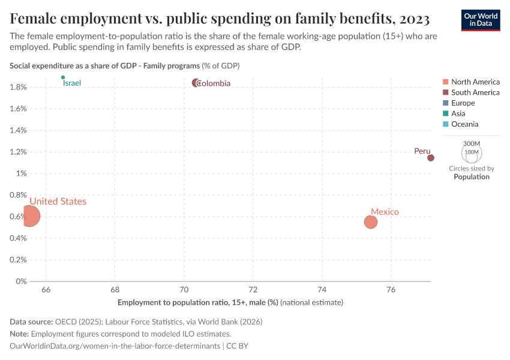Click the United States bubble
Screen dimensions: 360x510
pos(28,215)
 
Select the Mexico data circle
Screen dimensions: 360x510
pos(370,222)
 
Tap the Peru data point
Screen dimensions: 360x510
pos(430,158)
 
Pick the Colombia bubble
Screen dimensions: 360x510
pos(196,83)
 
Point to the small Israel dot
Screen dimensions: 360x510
pos(63,77)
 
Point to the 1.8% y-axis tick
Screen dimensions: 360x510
pos(19,87)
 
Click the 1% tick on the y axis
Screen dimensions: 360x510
pos(22,173)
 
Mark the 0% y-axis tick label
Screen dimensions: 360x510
pos(22,281)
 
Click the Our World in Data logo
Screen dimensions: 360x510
pos(481,19)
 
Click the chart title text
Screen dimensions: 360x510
pos(220,19)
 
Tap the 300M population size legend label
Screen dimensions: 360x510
pos(472,144)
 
